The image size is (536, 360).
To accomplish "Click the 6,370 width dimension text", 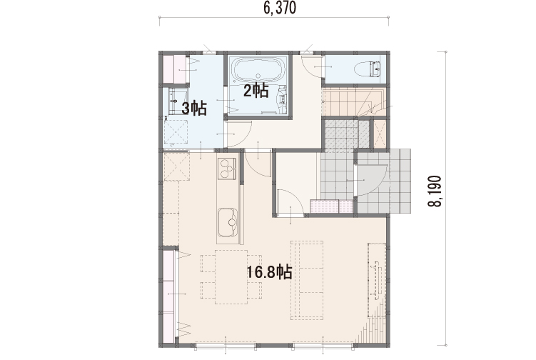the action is click(x=279, y=8).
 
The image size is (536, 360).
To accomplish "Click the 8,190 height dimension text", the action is click(x=435, y=191).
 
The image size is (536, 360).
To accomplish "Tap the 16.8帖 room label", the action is click(x=269, y=272).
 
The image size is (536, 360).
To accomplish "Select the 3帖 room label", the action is click(x=194, y=109).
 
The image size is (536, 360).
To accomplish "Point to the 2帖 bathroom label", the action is click(x=256, y=91).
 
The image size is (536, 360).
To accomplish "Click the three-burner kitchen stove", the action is click(x=228, y=168).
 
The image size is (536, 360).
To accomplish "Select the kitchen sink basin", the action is click(x=228, y=222).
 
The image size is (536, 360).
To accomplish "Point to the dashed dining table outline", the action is click(x=231, y=277).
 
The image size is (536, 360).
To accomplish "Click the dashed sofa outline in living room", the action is click(x=307, y=280).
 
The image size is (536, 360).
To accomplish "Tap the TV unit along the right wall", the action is click(x=377, y=280).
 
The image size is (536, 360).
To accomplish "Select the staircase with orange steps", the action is click(x=355, y=102).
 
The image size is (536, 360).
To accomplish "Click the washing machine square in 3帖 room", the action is click(x=176, y=132).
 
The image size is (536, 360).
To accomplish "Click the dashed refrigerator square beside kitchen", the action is click(x=176, y=166).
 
